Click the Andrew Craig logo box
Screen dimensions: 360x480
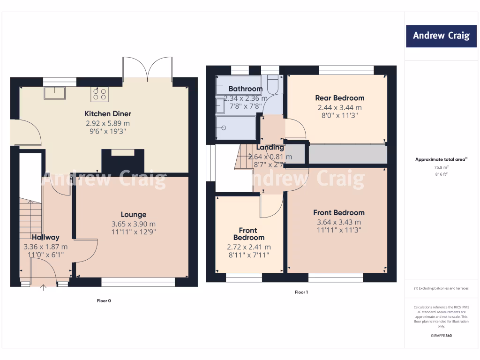[x=441, y=36]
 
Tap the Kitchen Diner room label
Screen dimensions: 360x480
[x=107, y=114]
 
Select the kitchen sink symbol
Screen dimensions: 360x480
[x=55, y=93]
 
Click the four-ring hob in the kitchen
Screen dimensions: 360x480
[x=100, y=94]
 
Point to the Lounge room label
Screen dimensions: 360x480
[x=133, y=215]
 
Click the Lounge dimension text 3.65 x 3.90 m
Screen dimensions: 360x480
[x=133, y=224]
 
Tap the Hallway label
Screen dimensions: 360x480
[x=45, y=238]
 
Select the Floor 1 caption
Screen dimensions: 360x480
[x=301, y=292]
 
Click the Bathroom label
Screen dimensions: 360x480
[x=245, y=89]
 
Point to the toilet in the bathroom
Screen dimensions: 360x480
[x=272, y=85]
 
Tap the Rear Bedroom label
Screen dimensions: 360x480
[x=339, y=98]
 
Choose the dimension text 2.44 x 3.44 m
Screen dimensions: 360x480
[x=339, y=107]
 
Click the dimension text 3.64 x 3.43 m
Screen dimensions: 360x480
[x=338, y=222]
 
